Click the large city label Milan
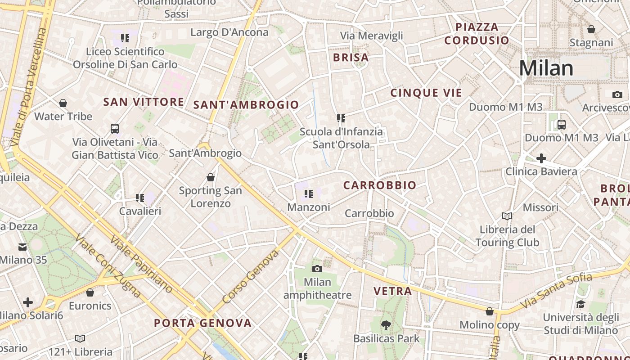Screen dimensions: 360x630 tap(546, 68)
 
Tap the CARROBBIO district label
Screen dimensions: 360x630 tap(380, 185)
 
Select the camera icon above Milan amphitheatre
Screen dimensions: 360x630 tap(317, 269)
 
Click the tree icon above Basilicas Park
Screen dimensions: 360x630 tap(386, 325)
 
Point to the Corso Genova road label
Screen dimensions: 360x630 tap(251, 276)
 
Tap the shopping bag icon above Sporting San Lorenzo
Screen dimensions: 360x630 tap(210, 177)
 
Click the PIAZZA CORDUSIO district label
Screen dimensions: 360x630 tap(477, 34)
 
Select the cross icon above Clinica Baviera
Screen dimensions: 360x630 tap(541, 158)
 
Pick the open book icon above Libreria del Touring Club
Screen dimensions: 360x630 tap(507, 216)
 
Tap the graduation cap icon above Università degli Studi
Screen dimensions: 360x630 tap(580, 305)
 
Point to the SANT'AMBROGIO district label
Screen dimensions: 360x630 tap(246, 105)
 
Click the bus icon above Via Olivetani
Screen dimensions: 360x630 tap(115, 129)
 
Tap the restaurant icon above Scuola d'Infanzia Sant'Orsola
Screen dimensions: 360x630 tap(341, 118)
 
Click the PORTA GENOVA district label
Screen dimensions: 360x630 tap(202, 323)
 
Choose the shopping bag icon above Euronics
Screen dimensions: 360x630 tap(90, 293)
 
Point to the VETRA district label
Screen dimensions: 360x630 tap(393, 291)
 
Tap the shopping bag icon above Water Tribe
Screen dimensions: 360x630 tap(63, 103)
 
